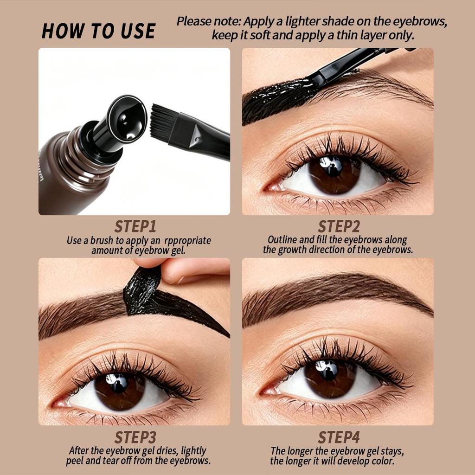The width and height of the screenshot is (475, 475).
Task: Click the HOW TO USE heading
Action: point(98,31)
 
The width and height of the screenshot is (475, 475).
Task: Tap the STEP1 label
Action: point(135,226)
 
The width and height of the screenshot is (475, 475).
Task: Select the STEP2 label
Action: point(339,226)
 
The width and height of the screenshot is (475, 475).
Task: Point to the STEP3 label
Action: point(135,437)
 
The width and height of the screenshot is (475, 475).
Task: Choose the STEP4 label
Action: point(339,437)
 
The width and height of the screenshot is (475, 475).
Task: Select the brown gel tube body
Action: point(73,176)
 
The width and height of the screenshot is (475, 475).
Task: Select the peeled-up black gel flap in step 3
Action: point(142,291)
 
